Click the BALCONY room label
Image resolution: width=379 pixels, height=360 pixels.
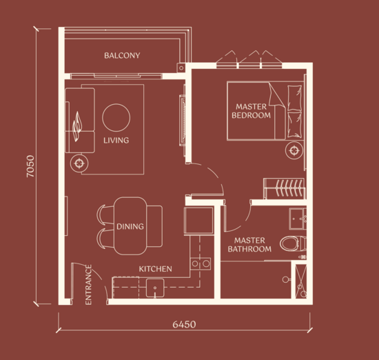(122, 55)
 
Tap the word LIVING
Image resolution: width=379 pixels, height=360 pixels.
(116, 141)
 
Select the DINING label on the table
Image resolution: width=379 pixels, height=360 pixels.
(130, 226)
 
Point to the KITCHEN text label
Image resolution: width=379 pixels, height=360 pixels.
(155, 269)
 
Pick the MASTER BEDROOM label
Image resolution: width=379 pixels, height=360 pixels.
(252, 111)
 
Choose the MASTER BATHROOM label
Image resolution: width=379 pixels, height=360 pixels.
(249, 245)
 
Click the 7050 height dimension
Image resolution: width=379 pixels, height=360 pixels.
(30, 166)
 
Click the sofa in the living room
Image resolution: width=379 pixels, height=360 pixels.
(79, 121)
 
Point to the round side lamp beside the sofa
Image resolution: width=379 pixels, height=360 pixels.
(81, 163)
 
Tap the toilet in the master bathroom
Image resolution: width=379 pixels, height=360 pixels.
(291, 242)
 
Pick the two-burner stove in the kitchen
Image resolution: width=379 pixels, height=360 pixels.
(201, 263)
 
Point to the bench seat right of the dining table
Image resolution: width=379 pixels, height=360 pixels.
(155, 226)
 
